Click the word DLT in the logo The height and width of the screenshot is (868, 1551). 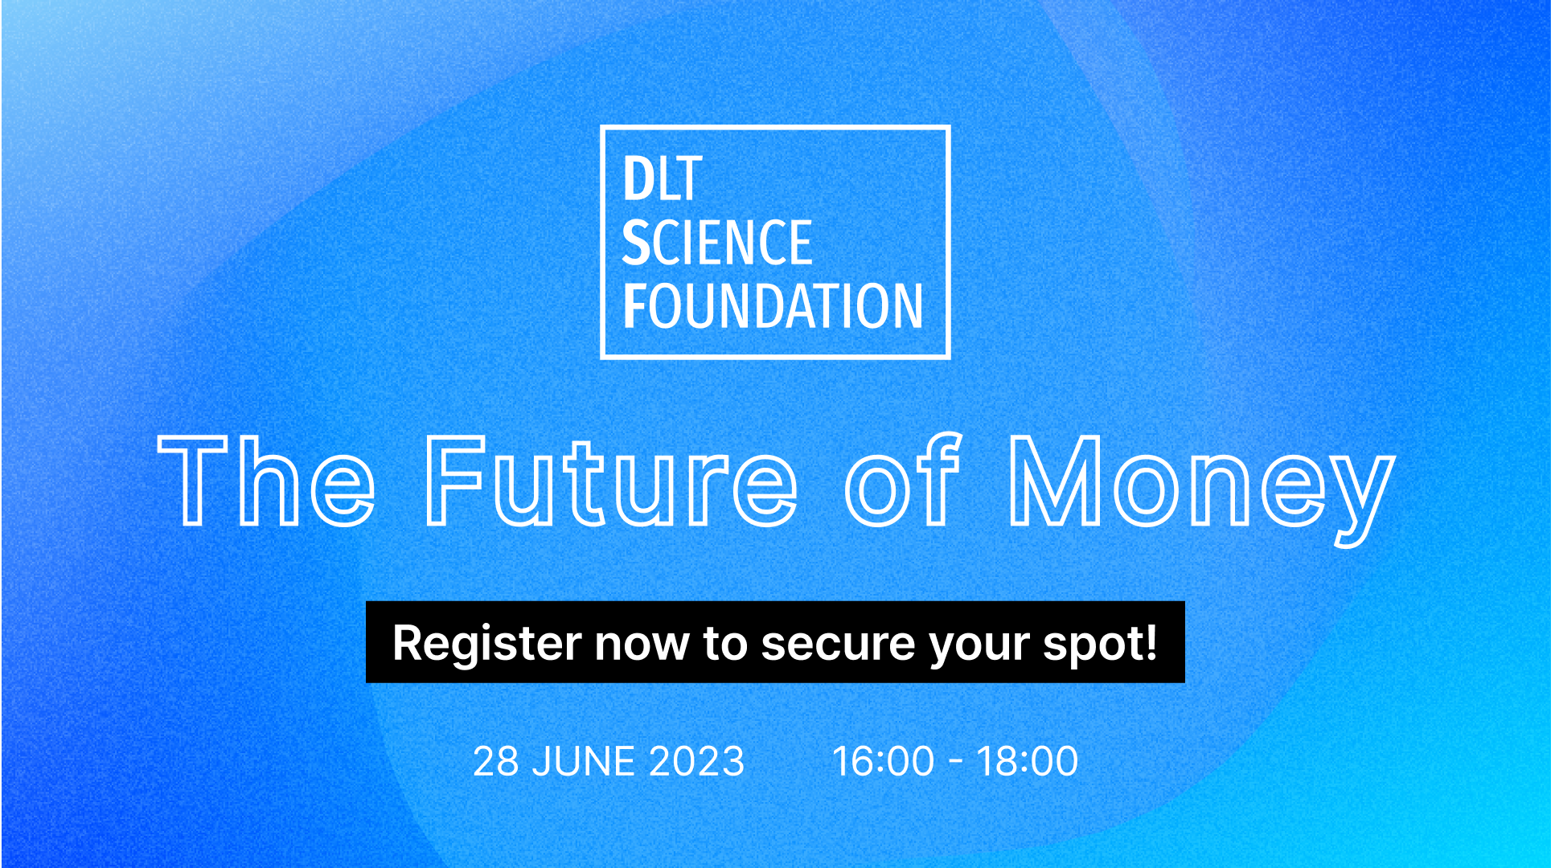pyautogui.click(x=663, y=179)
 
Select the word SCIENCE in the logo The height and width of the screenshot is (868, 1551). pyautogui.click(x=717, y=243)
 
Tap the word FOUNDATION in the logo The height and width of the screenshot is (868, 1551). pyautogui.click(x=773, y=306)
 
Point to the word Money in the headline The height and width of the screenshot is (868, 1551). pyautogui.click(x=1202, y=490)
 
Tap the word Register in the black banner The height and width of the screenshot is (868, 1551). pyautogui.click(x=487, y=644)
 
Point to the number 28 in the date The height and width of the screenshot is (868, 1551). pyautogui.click(x=496, y=761)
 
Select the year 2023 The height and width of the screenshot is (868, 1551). pyautogui.click(x=696, y=761)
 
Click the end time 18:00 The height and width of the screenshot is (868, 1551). pyautogui.click(x=1028, y=761)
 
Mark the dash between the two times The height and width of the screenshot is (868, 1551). pyautogui.click(x=956, y=764)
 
